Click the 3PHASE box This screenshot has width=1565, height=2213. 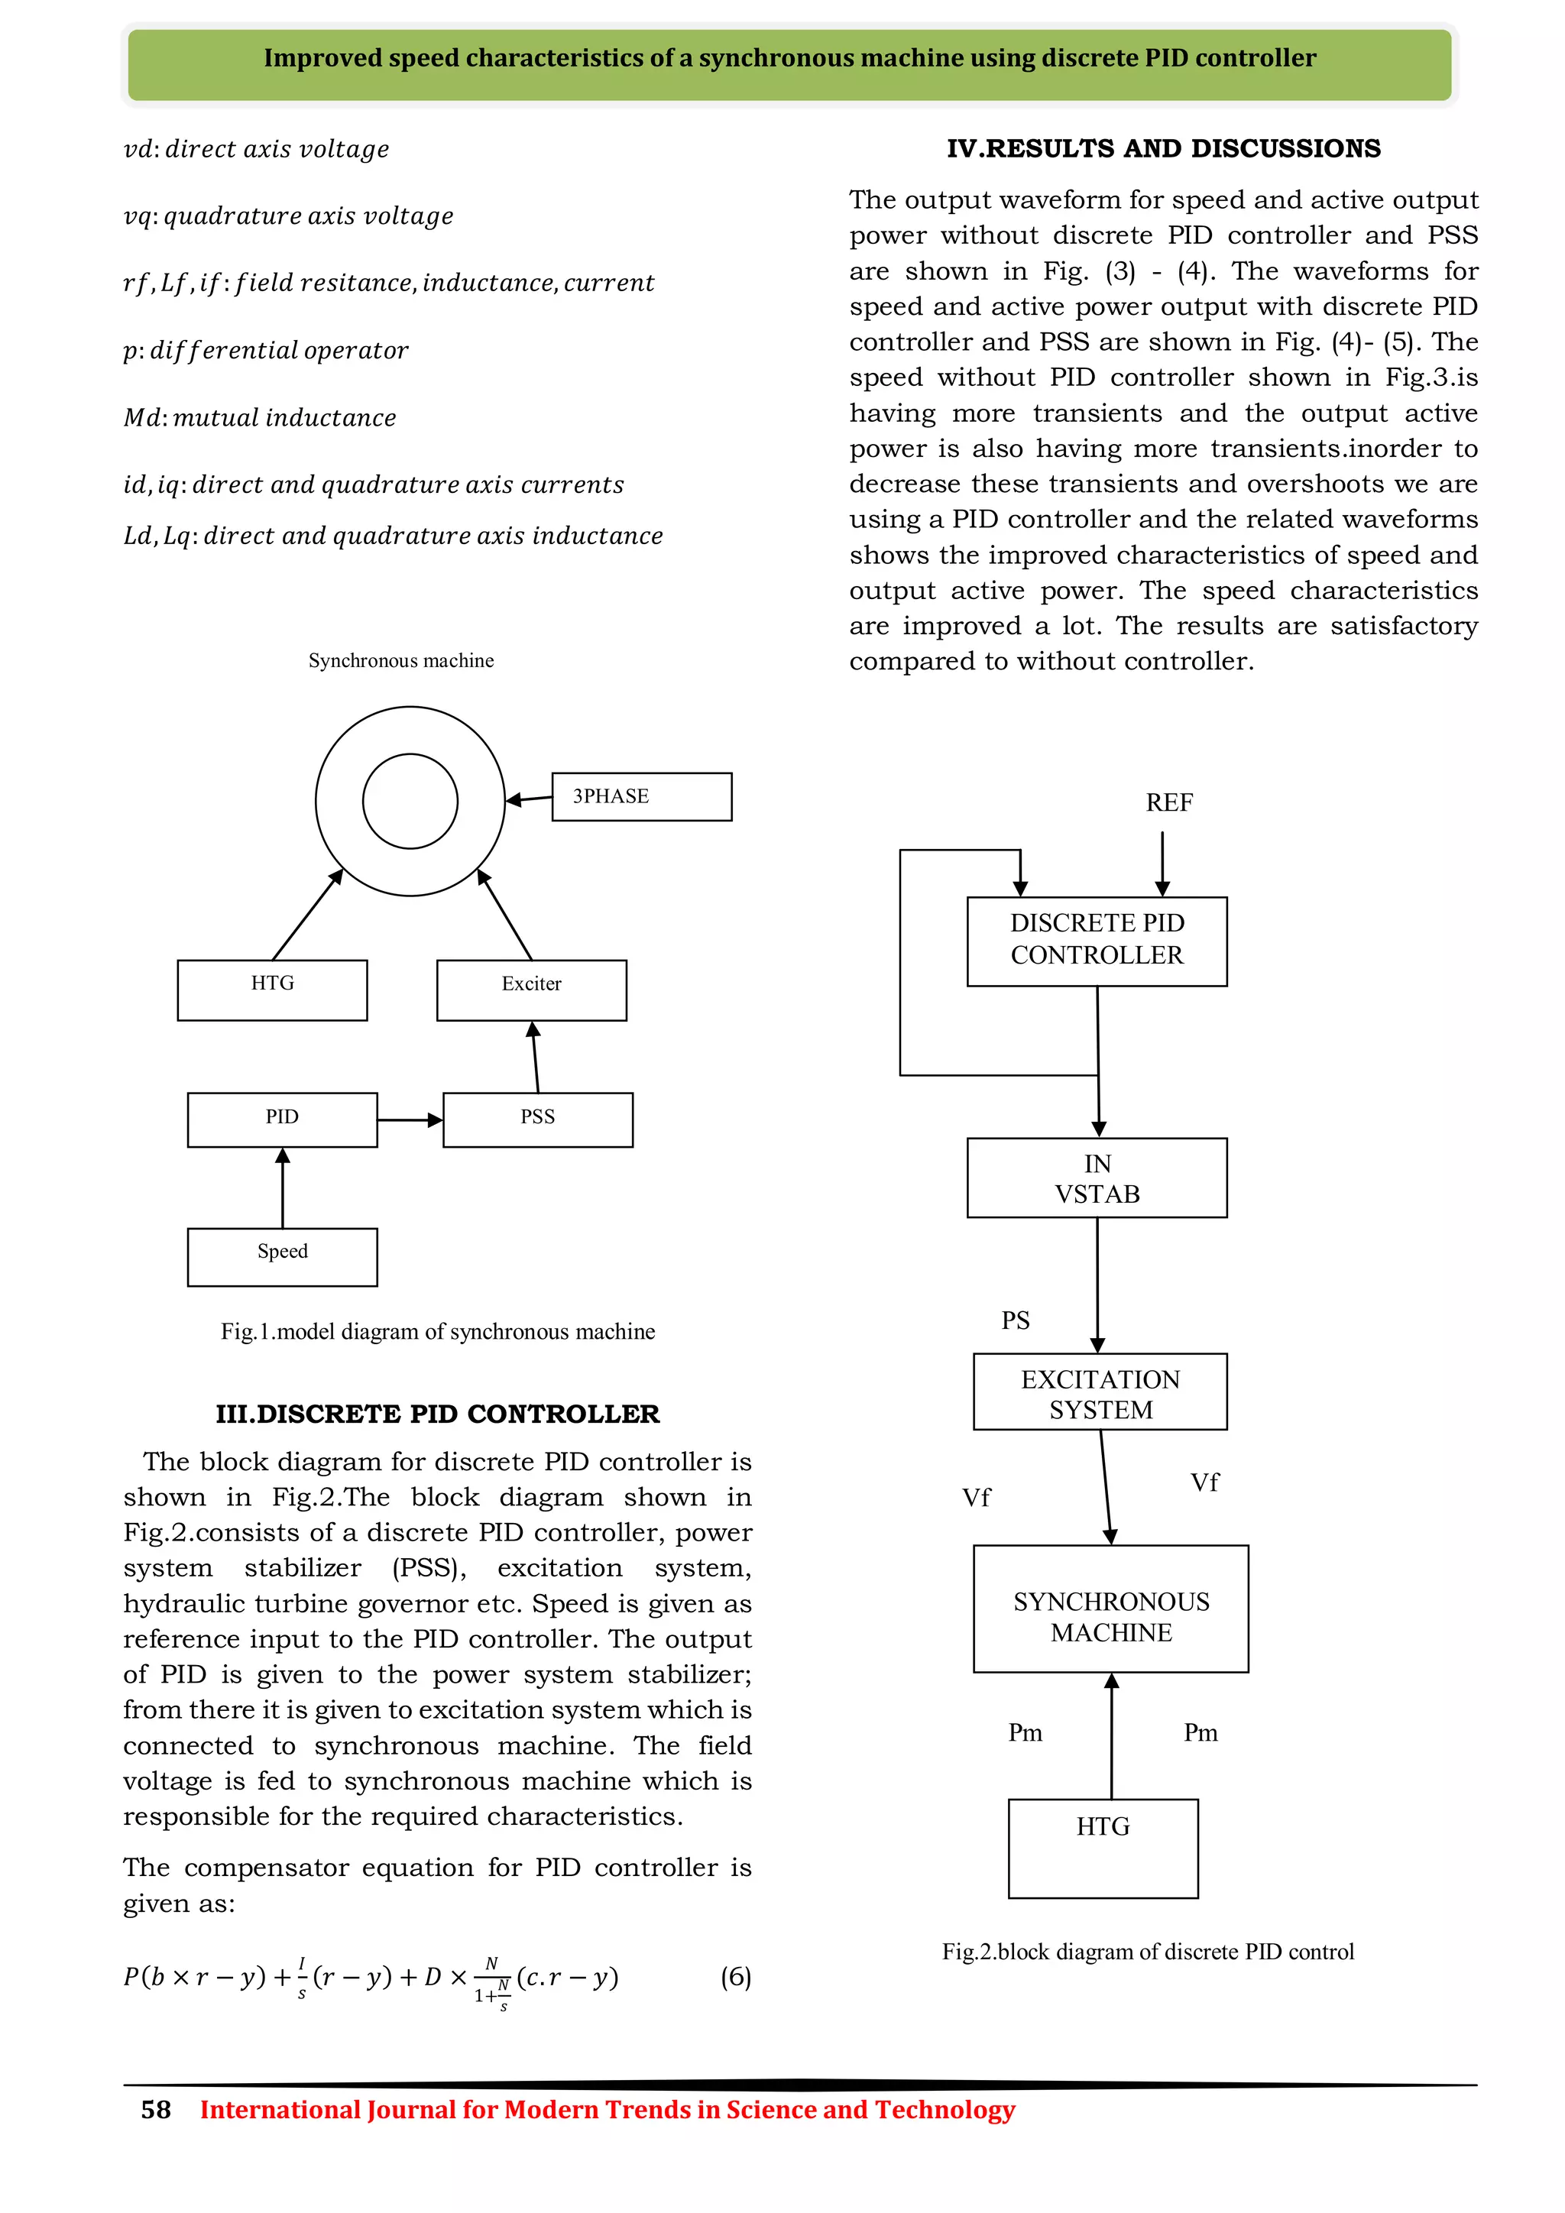pyautogui.click(x=641, y=797)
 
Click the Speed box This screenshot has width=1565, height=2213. pyautogui.click(x=282, y=1256)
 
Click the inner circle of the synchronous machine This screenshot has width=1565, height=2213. pyautogui.click(x=410, y=801)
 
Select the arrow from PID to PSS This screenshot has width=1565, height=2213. pyautogui.click(x=410, y=1120)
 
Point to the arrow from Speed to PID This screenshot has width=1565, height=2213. pyautogui.click(x=282, y=1188)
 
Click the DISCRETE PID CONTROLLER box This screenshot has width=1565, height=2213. pyautogui.click(x=1097, y=941)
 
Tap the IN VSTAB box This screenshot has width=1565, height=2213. pyautogui.click(x=1097, y=1178)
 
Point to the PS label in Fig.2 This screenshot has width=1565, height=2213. pyautogui.click(x=1016, y=1320)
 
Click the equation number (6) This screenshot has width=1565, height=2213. pyautogui.click(x=735, y=1977)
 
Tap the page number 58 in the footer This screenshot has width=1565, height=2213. pyautogui.click(x=156, y=2110)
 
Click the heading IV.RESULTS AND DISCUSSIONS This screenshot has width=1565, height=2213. pyautogui.click(x=1163, y=148)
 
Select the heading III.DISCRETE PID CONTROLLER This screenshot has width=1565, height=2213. pyautogui.click(x=438, y=1414)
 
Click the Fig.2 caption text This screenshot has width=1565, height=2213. pyautogui.click(x=1147, y=1952)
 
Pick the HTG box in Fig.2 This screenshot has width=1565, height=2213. pyautogui.click(x=1103, y=1848)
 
